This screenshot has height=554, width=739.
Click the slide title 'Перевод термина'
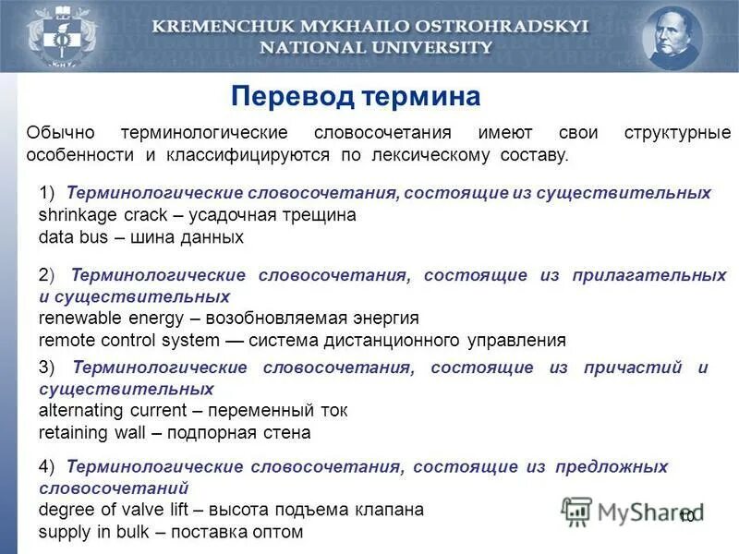pos(356,97)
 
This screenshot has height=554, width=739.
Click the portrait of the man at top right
pos(672,36)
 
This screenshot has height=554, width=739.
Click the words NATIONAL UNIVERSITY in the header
pos(370,48)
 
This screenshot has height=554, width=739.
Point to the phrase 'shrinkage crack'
pos(102,214)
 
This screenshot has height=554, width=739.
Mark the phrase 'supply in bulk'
pos(87,532)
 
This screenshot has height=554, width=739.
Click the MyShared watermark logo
pos(633,511)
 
